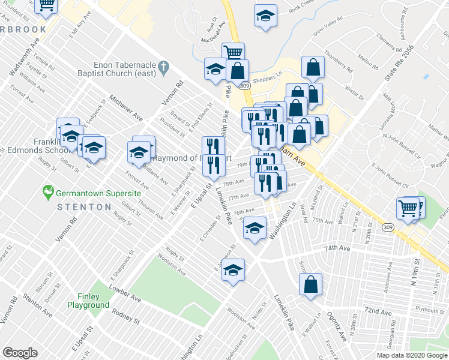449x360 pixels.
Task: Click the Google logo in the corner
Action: pos(20,353)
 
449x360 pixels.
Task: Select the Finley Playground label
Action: pos(93,301)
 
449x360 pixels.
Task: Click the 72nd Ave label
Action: pos(378,312)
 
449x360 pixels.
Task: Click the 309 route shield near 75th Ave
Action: pos(388,227)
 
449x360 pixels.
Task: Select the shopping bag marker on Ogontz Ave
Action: pos(310,286)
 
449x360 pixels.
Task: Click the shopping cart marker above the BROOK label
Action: pos(46,6)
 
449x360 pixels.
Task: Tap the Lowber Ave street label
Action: pos(124,294)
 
